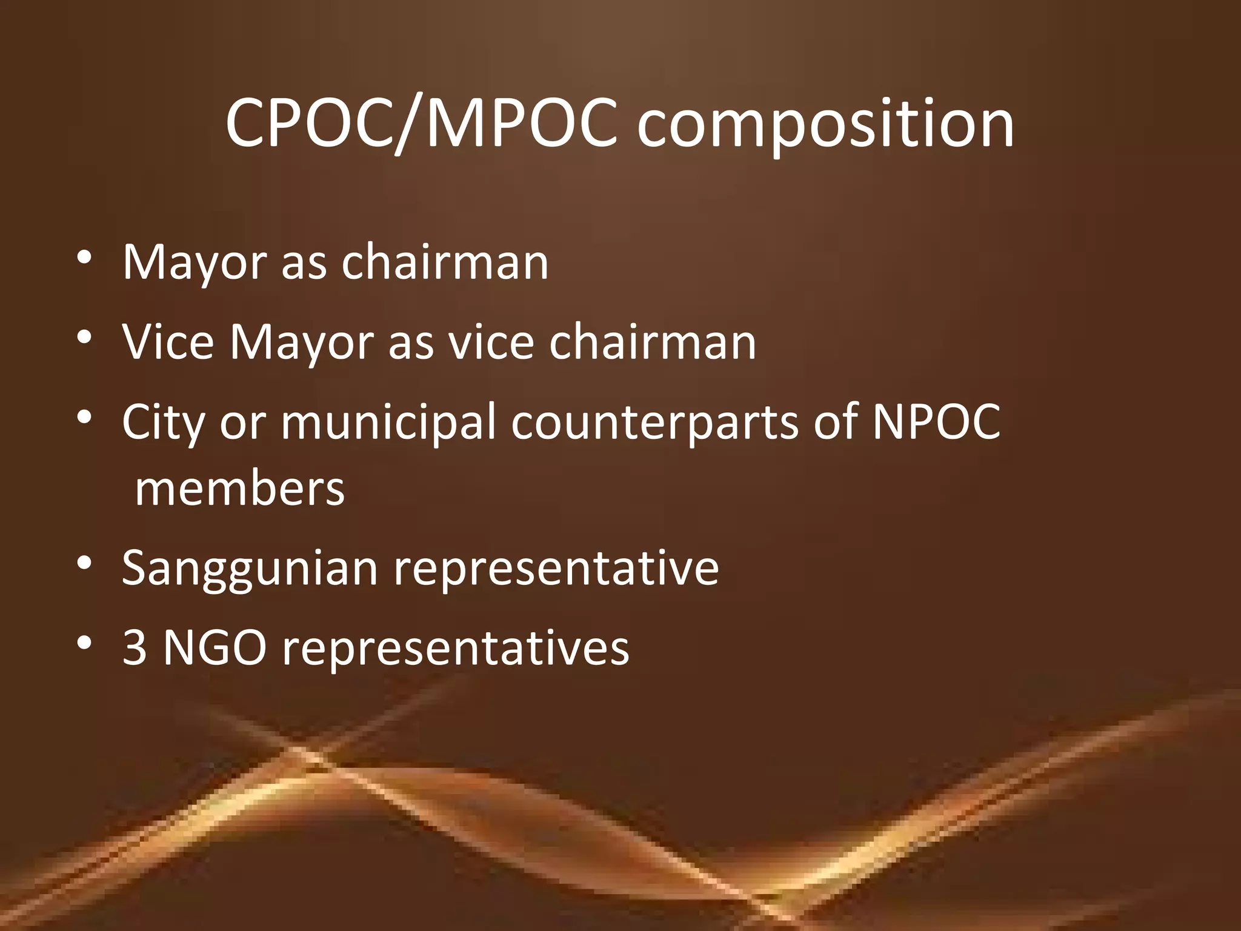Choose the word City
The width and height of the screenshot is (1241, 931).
pyautogui.click(x=163, y=423)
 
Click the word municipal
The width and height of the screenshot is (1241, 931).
pyautogui.click(x=388, y=423)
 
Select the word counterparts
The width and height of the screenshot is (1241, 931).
pyautogui.click(x=654, y=423)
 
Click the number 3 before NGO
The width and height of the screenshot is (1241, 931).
pyautogui.click(x=135, y=647)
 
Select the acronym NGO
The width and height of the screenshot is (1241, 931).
pyautogui.click(x=215, y=647)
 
